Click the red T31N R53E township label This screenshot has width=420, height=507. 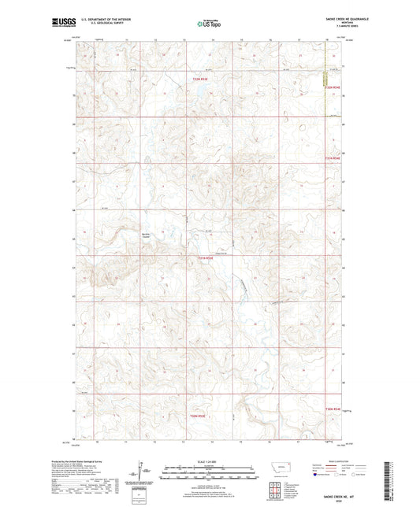(x=204, y=257)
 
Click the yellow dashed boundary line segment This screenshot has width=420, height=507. (x=324, y=79)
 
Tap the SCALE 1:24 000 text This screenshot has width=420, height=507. (x=210, y=461)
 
